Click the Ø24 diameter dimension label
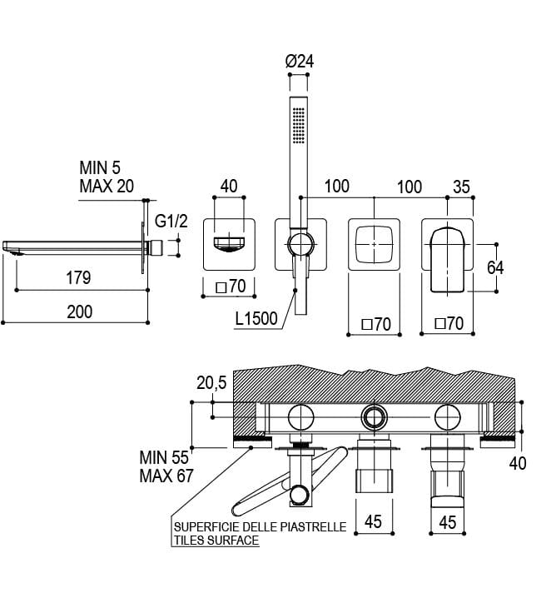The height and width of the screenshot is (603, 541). [x=298, y=61]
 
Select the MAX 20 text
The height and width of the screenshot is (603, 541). [x=106, y=186]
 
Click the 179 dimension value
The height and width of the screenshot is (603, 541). [x=79, y=278]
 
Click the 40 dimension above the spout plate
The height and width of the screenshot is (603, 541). [x=229, y=186]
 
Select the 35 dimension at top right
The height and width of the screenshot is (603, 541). [x=462, y=186]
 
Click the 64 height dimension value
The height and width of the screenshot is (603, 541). [x=495, y=267]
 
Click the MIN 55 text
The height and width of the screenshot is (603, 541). [x=165, y=457]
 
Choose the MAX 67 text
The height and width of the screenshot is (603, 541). [x=166, y=476]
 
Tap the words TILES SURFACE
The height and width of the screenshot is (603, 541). [x=216, y=541]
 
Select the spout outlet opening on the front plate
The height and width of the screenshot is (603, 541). [x=229, y=243]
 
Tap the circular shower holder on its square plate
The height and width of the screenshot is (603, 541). [x=300, y=244]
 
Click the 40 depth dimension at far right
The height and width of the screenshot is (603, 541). [x=518, y=463]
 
